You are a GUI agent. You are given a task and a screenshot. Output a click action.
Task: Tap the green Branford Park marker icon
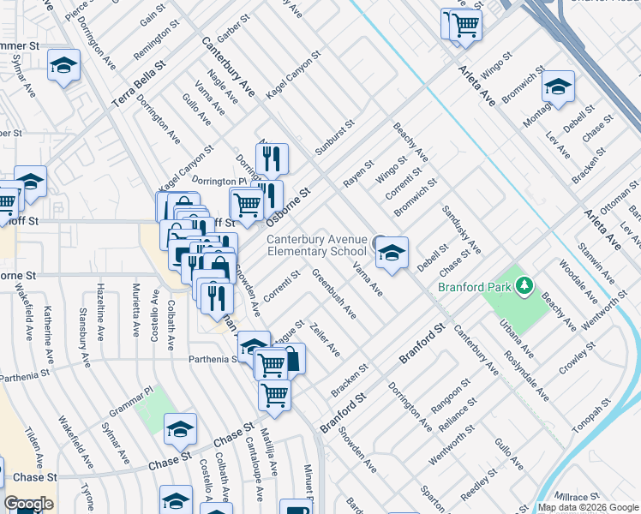[x=521, y=286]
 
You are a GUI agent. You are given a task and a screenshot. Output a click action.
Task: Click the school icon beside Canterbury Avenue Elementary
[x=392, y=254]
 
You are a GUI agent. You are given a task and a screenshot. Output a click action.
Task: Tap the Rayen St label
[x=359, y=174]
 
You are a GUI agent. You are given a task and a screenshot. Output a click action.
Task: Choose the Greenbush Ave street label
[x=334, y=293]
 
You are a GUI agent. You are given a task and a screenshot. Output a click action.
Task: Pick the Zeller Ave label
[x=326, y=340]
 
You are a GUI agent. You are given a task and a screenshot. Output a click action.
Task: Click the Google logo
[x=27, y=505]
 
